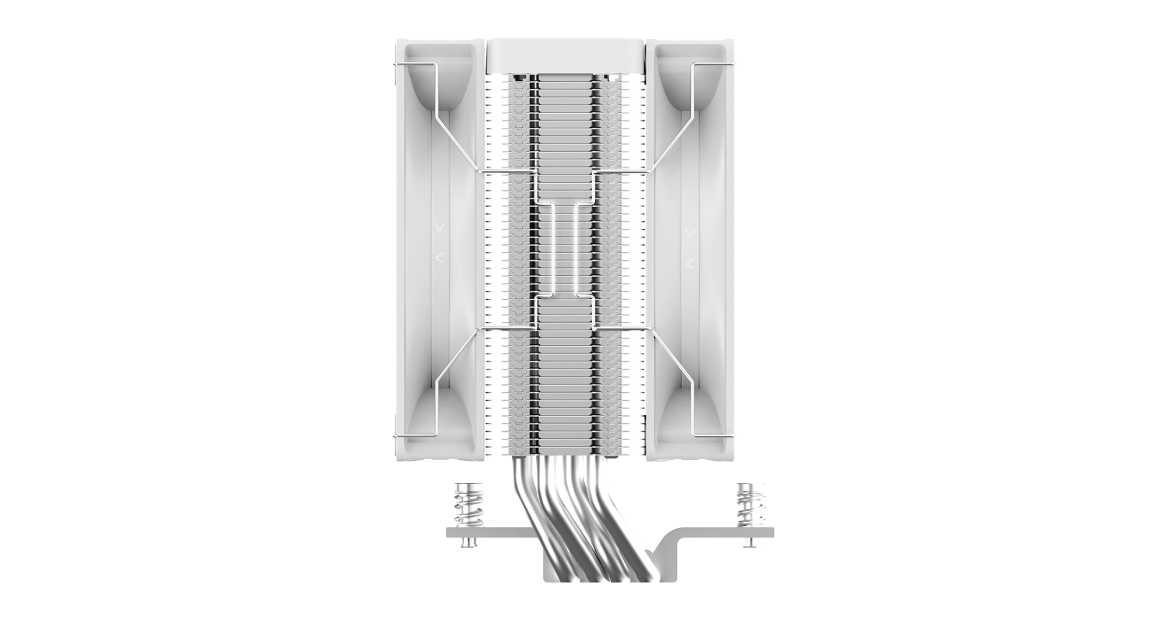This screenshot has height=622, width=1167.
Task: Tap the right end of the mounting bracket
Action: point(764,532)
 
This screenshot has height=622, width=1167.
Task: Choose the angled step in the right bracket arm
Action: point(662,546)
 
